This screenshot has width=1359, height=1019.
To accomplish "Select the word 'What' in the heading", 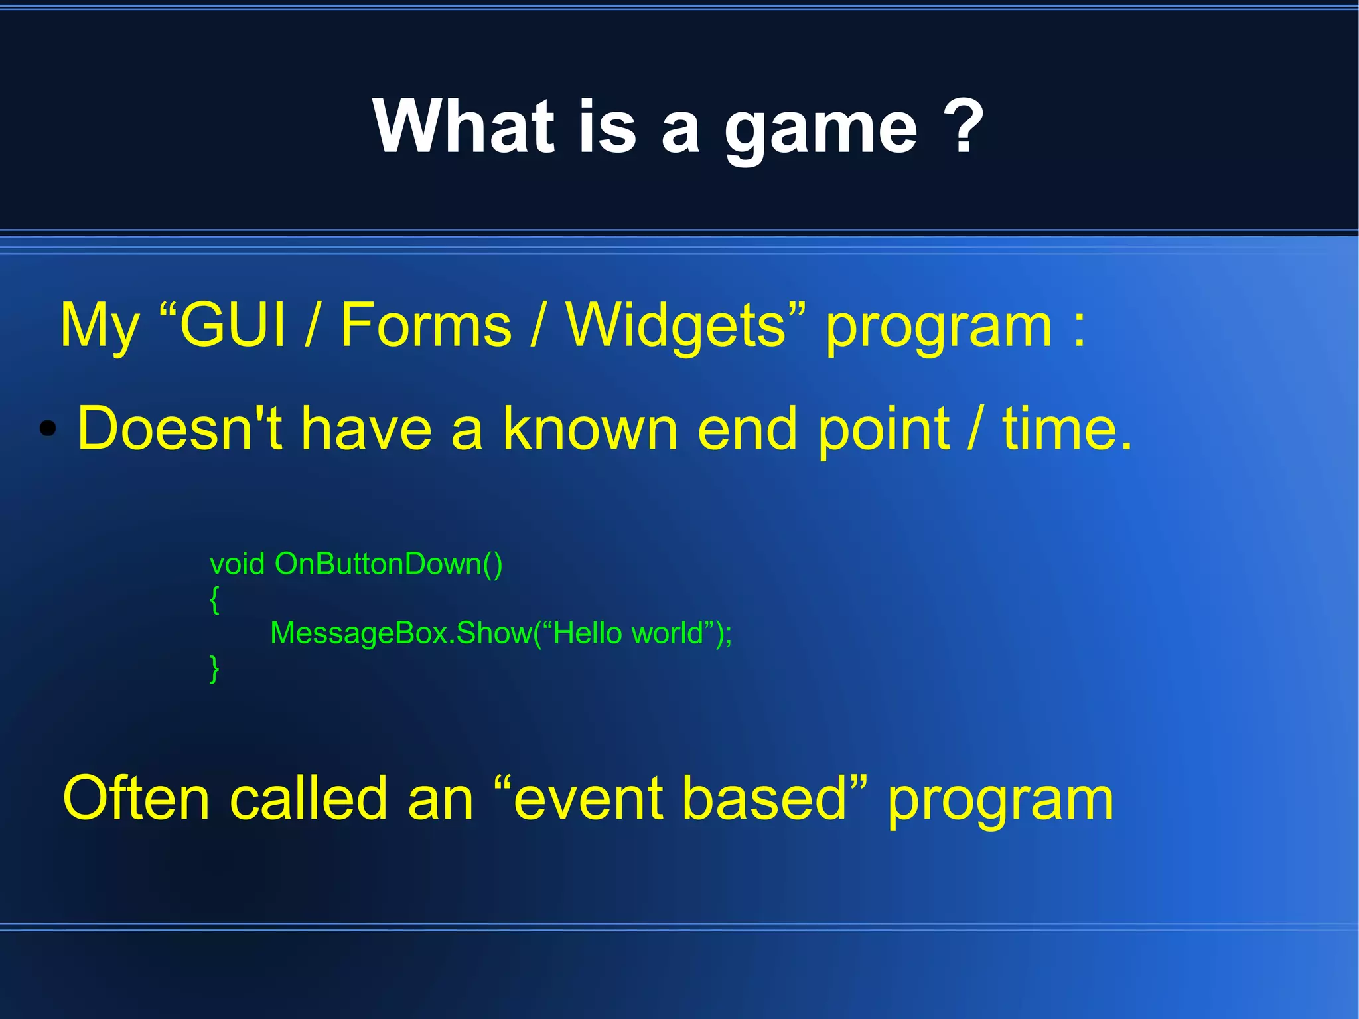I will [463, 126].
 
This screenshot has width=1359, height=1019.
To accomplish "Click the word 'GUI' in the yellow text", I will [232, 325].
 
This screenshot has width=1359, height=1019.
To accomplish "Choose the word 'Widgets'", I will [677, 325].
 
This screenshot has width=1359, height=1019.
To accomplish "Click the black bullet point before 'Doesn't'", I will [48, 430].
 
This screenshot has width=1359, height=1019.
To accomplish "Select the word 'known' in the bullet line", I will [590, 430].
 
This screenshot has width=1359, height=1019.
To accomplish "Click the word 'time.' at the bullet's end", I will [1067, 430].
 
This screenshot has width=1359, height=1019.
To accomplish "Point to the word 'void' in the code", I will [237, 564].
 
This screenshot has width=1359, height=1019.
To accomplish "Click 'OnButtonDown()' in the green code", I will [389, 564].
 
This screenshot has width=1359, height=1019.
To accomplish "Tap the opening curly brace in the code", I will [214, 599].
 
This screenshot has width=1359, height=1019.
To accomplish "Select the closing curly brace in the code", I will [214, 668].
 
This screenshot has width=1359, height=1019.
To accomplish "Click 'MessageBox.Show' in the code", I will [401, 633].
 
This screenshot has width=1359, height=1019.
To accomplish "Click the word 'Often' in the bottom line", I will [136, 799].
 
